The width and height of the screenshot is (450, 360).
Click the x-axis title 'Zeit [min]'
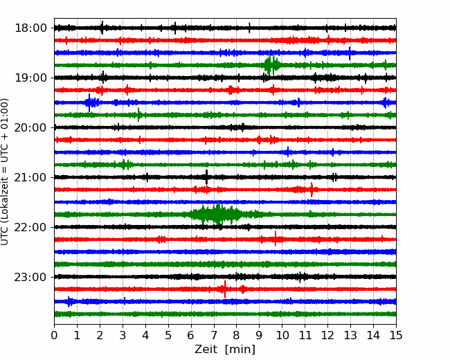(x=225, y=350)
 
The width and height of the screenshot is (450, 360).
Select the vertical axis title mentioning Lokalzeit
(x=6, y=171)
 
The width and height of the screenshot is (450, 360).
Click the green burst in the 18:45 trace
(x=271, y=65)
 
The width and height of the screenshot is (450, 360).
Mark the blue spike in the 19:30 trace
(x=89, y=102)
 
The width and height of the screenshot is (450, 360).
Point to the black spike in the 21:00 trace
(x=206, y=177)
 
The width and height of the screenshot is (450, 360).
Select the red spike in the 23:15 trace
(x=224, y=289)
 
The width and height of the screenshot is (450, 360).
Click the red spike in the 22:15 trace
(x=276, y=240)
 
